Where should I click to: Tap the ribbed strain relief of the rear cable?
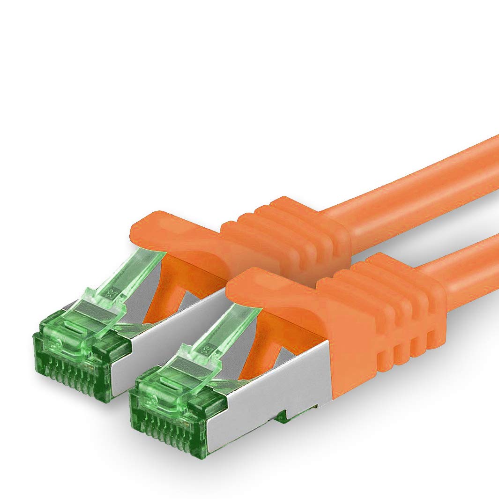[290, 234]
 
